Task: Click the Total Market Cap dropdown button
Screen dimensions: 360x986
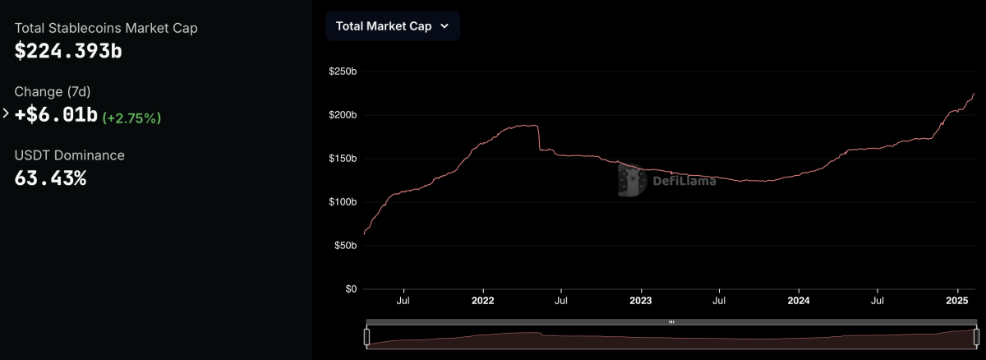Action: pos(392,25)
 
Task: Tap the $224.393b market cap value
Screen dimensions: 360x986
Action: pos(68,51)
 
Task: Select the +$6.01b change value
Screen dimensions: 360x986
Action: pos(56,115)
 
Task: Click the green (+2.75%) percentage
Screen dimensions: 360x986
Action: pos(131,118)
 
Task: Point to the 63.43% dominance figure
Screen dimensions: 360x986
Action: pos(50,177)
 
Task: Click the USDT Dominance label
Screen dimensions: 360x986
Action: pos(70,155)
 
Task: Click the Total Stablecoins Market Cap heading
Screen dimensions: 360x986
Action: pos(106,28)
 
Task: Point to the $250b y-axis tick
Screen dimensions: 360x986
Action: pos(342,72)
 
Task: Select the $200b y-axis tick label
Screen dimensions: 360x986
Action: pos(342,115)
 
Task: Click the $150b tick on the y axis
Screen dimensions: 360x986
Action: pos(342,159)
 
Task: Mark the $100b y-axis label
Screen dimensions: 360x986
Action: pos(342,202)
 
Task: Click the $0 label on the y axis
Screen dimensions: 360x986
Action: pos(351,289)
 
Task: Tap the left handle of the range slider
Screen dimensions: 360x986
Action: pos(367,337)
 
